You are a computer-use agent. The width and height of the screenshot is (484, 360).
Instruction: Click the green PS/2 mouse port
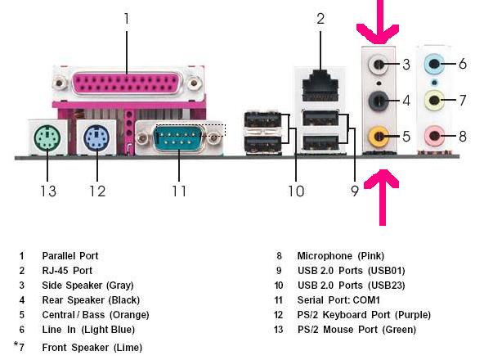(x=47, y=137)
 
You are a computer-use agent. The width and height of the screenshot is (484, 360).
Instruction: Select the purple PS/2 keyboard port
(x=96, y=137)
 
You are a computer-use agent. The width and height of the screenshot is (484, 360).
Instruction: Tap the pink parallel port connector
(x=127, y=83)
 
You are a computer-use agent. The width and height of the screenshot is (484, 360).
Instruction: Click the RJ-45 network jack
(x=320, y=86)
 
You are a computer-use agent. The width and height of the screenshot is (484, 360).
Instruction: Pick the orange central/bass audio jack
(x=379, y=136)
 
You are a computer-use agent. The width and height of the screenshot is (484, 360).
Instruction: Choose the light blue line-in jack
(x=434, y=64)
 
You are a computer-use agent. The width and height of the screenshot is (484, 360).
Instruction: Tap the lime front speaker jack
(x=434, y=100)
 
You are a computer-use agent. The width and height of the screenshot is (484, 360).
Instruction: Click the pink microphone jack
(x=434, y=135)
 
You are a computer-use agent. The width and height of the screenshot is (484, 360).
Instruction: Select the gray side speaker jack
(x=379, y=65)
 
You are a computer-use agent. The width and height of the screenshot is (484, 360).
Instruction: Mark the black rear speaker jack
(x=379, y=101)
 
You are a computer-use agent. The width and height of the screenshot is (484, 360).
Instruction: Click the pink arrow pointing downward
(x=378, y=21)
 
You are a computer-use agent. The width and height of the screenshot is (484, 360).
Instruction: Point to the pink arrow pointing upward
(x=382, y=197)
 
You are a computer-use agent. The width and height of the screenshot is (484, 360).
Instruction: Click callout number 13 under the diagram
(x=48, y=191)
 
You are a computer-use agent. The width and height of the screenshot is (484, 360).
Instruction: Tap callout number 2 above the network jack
(x=320, y=19)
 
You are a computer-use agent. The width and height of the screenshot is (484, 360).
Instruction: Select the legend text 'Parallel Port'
(x=70, y=256)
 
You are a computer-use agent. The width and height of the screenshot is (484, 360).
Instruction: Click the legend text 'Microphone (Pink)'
(x=341, y=256)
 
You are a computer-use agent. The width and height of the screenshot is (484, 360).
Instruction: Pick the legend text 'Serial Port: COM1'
(x=338, y=300)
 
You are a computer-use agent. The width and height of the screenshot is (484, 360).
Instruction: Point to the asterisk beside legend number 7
(x=16, y=344)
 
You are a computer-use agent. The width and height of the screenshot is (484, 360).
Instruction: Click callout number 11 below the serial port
(x=179, y=191)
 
